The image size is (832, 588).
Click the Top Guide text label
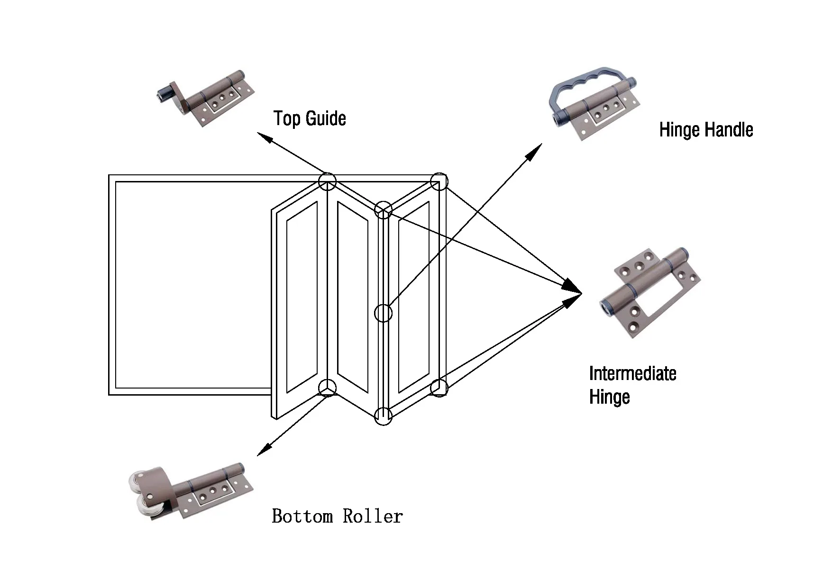310,118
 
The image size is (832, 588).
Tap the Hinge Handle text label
705,130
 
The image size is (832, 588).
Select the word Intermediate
632,374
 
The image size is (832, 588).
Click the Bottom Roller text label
337,516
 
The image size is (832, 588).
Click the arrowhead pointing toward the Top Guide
264,138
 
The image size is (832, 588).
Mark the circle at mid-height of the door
384,313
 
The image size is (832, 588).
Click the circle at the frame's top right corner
439,181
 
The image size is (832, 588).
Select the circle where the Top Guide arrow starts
327,181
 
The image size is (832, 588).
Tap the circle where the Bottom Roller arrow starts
327,388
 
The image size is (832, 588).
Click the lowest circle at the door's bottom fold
383,416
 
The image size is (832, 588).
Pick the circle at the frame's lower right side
439,388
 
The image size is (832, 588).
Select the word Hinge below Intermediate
609,397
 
